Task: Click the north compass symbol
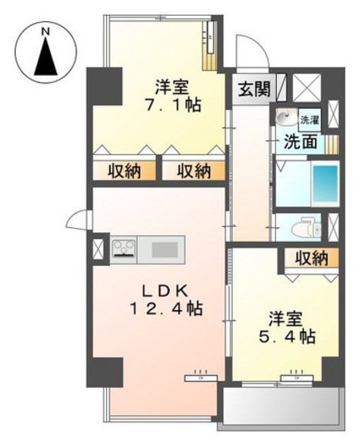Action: [46, 53]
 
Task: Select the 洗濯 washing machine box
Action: [309, 119]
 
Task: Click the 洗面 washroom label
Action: [301, 142]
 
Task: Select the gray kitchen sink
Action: [165, 249]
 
